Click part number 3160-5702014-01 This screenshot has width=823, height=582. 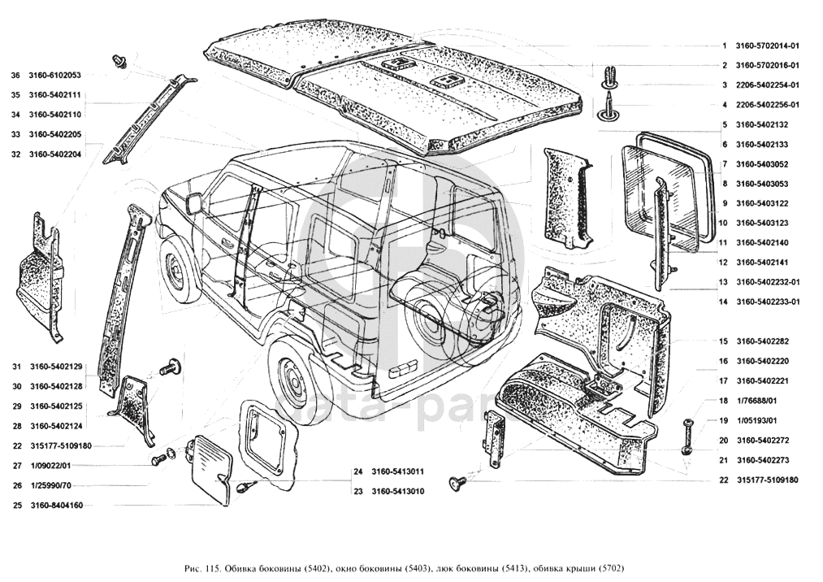coord(768,46)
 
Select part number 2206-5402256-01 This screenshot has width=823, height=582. coord(768,105)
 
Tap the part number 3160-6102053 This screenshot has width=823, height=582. coord(54,76)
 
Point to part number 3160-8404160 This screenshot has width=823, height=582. coord(57,506)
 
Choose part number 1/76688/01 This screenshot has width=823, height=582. coord(755,401)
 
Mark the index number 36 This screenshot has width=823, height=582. coord(15,76)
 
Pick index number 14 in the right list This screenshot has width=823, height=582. coord(724,302)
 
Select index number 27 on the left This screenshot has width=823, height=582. coord(17,466)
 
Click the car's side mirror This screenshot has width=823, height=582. coord(195,203)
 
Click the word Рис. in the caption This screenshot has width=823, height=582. coord(193,568)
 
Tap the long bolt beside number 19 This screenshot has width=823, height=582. coord(687,436)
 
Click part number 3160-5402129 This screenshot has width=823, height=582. coord(55,367)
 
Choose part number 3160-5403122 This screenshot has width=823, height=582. coord(762,203)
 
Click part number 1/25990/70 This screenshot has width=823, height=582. coord(50,486)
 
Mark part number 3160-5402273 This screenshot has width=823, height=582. coord(762,460)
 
